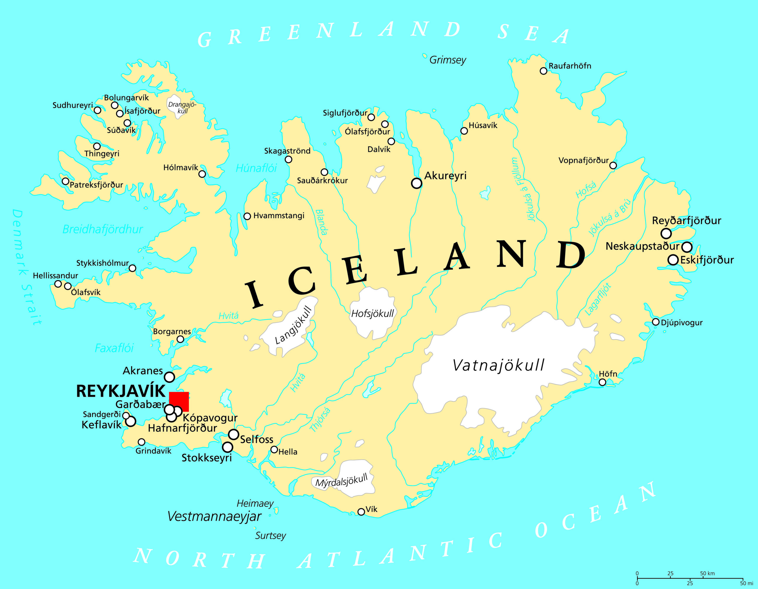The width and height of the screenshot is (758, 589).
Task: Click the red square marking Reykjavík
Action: (179, 402)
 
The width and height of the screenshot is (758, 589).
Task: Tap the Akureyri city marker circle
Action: (417, 183)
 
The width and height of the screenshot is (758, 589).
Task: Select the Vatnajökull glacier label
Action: (498, 365)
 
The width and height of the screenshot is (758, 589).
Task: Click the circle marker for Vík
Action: (361, 512)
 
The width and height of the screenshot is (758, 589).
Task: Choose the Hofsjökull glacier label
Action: (372, 313)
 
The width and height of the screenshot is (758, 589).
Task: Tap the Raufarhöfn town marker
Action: (544, 71)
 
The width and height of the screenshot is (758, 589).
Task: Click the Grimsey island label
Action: (448, 60)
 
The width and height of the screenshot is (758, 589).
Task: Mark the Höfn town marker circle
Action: (603, 382)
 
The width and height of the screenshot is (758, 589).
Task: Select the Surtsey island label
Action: (270, 535)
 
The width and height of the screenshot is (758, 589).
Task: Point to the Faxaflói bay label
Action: (114, 348)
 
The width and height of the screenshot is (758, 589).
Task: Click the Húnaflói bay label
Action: (256, 169)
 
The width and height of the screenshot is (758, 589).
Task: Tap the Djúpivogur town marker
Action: (656, 322)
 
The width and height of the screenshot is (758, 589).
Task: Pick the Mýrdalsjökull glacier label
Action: (341, 481)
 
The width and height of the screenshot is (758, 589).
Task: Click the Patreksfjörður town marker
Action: (65, 181)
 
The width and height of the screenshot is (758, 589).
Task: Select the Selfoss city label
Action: (256, 439)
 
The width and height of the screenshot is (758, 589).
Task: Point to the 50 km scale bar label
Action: (707, 573)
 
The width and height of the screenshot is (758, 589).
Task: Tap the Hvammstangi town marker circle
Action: (247, 216)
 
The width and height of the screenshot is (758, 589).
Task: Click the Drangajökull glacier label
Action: (182, 108)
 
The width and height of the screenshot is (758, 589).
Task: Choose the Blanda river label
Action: (321, 222)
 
